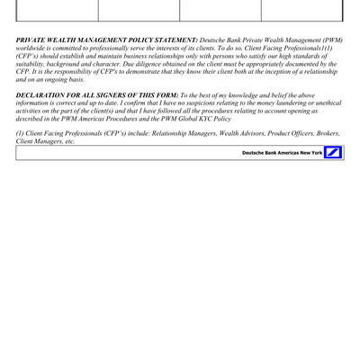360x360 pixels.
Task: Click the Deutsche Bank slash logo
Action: click(334, 153)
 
